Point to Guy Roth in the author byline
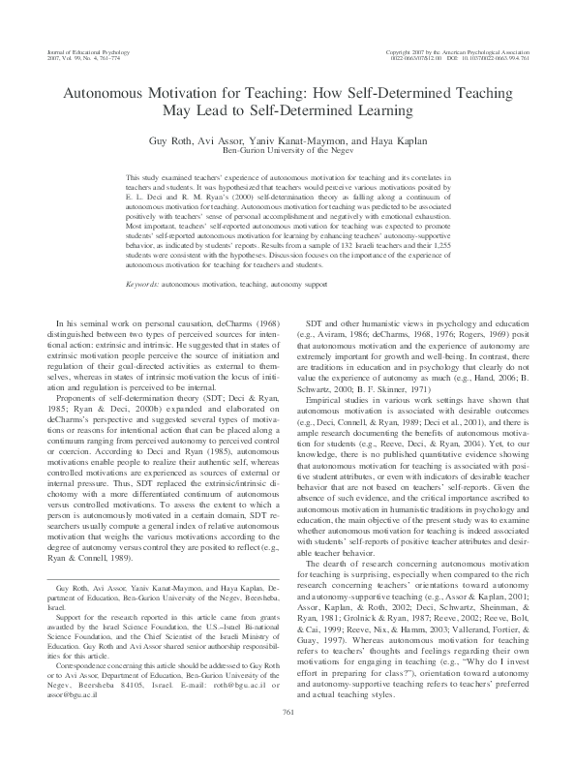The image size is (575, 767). [199, 139]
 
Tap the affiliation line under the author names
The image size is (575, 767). [287, 150]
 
